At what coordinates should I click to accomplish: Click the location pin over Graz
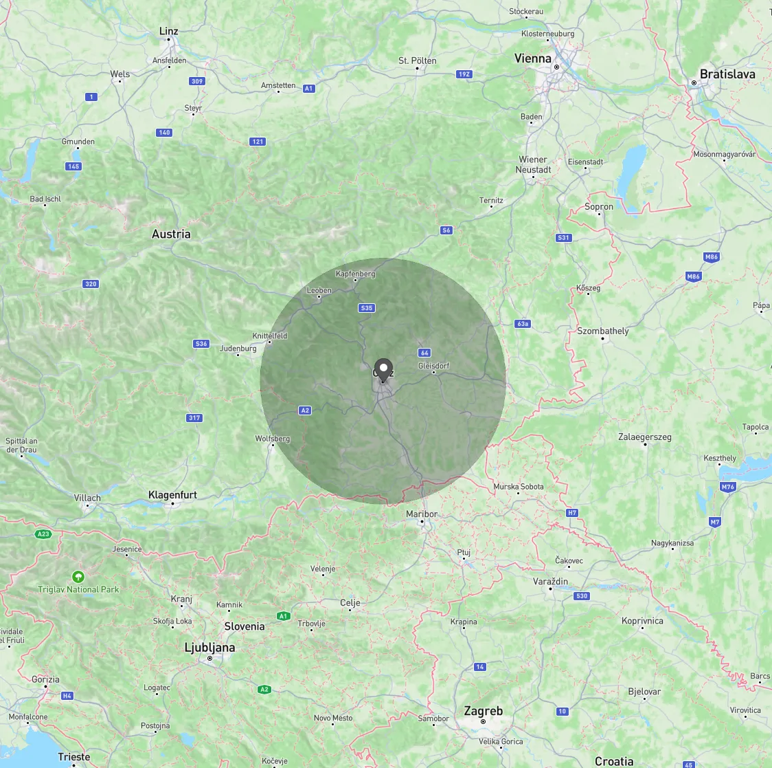click(383, 368)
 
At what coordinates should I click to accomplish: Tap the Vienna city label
click(533, 59)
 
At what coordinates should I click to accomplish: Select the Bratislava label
click(727, 74)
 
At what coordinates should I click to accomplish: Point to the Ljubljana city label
click(209, 648)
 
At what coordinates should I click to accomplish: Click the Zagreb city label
click(483, 711)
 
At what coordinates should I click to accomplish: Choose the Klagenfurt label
click(172, 495)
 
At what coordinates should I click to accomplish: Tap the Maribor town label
click(422, 514)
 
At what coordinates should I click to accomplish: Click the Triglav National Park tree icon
click(78, 576)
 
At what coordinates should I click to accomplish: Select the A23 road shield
click(43, 534)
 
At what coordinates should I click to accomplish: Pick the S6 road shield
click(446, 230)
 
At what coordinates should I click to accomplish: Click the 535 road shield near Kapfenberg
click(367, 308)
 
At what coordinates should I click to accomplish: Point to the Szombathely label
click(602, 331)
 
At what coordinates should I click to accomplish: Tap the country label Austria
click(171, 234)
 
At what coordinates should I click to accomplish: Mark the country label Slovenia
click(244, 626)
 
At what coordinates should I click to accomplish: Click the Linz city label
click(168, 31)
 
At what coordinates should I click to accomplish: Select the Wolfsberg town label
click(272, 439)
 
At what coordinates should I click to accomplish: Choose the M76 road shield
click(727, 487)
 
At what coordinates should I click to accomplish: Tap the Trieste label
click(74, 757)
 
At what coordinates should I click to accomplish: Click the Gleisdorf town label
click(433, 366)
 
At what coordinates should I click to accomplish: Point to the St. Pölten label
click(417, 61)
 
